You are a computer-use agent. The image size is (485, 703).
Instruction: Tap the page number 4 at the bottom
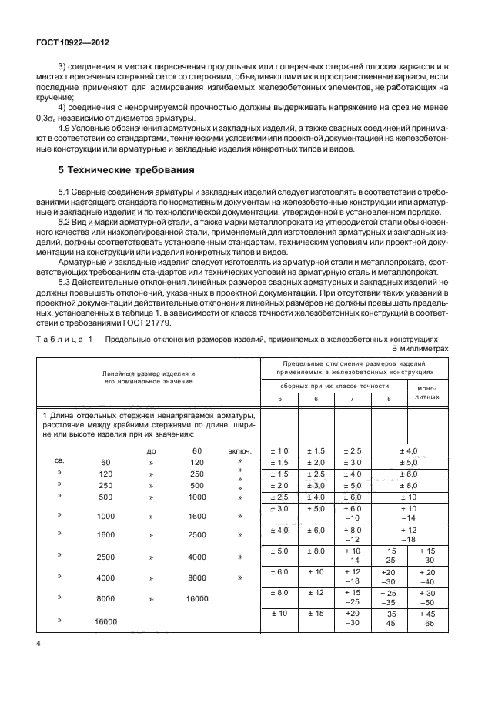click(x=36, y=663)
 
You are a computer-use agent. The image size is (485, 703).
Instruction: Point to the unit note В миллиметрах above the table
click(x=422, y=347)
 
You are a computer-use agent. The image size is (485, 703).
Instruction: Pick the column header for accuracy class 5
click(x=281, y=397)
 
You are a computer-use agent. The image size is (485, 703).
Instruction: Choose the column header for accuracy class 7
click(x=352, y=397)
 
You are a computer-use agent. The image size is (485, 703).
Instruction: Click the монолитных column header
click(x=426, y=392)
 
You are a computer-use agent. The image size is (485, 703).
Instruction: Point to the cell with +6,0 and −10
click(x=353, y=514)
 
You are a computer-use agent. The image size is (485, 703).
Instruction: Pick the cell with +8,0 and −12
click(x=353, y=535)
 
